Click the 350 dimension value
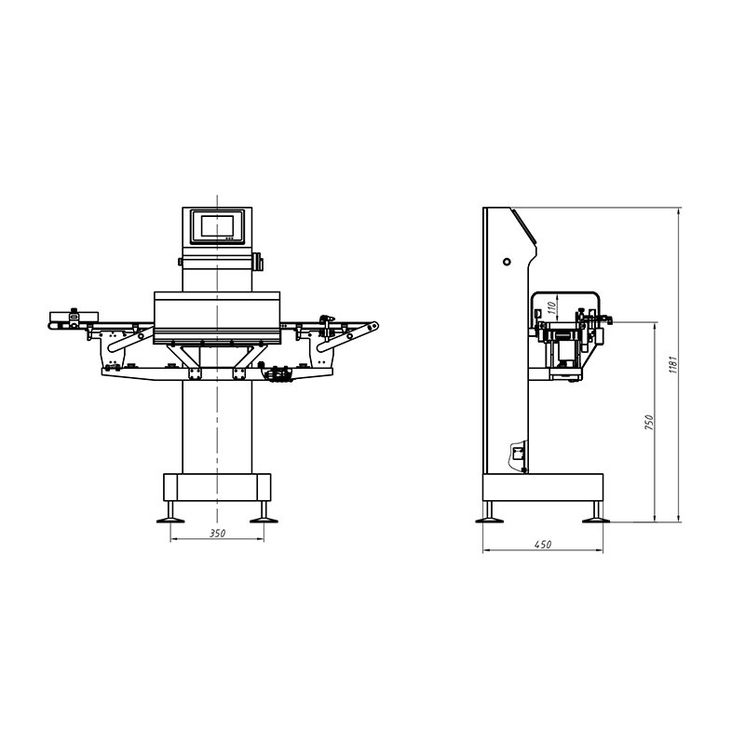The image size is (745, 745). point(217,535)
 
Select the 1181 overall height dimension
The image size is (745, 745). point(672,364)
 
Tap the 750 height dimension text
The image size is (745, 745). point(650,421)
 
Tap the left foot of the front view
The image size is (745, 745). point(172,512)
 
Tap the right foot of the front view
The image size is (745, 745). point(262,512)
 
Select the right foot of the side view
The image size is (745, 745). point(592,512)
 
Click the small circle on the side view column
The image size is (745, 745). point(507,262)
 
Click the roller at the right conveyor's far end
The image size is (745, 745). point(373,325)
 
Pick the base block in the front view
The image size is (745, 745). point(217,486)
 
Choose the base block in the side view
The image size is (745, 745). point(542,486)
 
